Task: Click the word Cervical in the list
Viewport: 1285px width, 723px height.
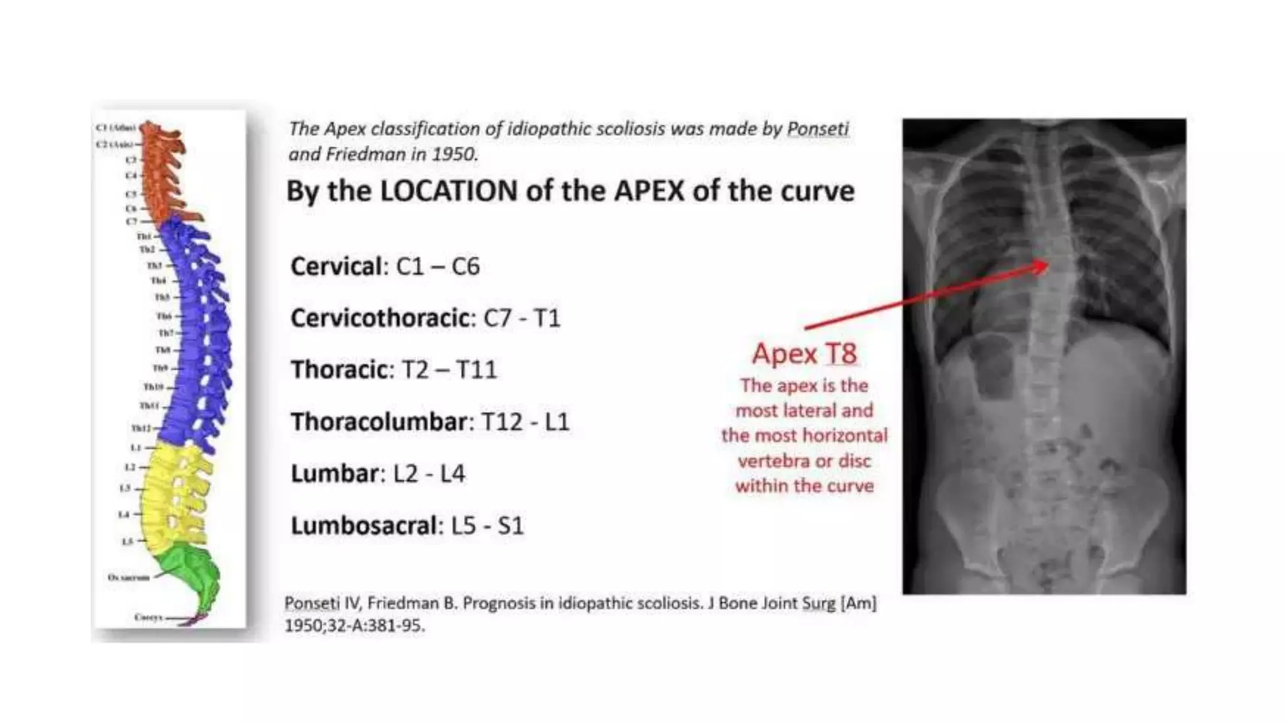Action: click(336, 267)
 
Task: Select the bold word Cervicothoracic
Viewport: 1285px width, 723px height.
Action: click(380, 318)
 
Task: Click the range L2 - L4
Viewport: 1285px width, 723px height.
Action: click(429, 474)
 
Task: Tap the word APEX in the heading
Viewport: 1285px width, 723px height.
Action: click(649, 191)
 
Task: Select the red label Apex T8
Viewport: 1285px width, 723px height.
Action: click(804, 353)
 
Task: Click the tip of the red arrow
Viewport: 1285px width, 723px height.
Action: click(1048, 265)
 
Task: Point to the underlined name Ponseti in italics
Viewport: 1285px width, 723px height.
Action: click(818, 129)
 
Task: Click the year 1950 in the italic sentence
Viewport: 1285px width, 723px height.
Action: click(454, 154)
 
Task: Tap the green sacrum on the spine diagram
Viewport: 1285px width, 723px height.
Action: click(191, 571)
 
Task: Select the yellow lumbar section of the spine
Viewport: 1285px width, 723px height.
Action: click(173, 496)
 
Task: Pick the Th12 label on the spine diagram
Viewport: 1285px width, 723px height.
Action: click(141, 428)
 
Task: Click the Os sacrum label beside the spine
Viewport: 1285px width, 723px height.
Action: click(129, 577)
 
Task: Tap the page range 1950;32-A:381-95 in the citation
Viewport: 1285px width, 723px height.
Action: click(355, 626)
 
